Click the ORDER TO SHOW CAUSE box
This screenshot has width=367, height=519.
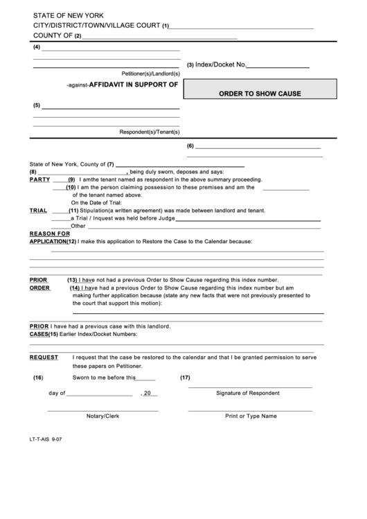[260, 94]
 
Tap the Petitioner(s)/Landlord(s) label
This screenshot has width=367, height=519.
[151, 73]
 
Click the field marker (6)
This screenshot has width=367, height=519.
[190, 146]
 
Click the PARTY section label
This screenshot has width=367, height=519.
[39, 179]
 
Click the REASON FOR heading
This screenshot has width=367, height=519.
[50, 234]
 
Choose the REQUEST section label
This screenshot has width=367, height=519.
[43, 358]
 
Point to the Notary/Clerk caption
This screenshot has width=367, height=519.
[102, 416]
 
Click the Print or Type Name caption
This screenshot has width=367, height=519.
[250, 416]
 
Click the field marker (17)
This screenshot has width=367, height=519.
[185, 378]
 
